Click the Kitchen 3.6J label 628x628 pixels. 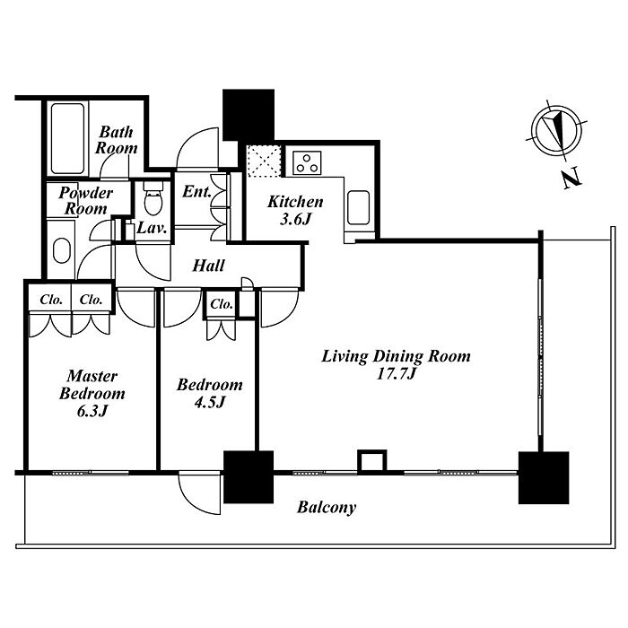click(x=295, y=210)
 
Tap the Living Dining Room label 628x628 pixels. click(x=397, y=364)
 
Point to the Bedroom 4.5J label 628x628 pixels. click(x=210, y=393)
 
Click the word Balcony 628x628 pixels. click(x=327, y=508)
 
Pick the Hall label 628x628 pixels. click(x=209, y=266)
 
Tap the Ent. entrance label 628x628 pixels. click(x=196, y=191)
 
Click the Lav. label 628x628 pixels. click(x=152, y=228)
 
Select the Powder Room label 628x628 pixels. click(x=86, y=201)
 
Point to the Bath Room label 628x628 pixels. click(x=116, y=140)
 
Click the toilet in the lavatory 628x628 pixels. click(x=153, y=198)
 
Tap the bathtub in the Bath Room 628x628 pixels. click(x=67, y=138)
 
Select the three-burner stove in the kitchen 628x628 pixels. click(x=307, y=163)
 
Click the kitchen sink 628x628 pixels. click(x=359, y=207)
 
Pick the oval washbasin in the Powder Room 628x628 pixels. click(x=62, y=250)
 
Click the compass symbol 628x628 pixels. click(x=557, y=130)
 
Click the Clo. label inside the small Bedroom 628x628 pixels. click(x=222, y=304)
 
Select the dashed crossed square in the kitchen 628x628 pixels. click(x=264, y=161)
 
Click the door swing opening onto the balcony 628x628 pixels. click(x=199, y=493)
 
